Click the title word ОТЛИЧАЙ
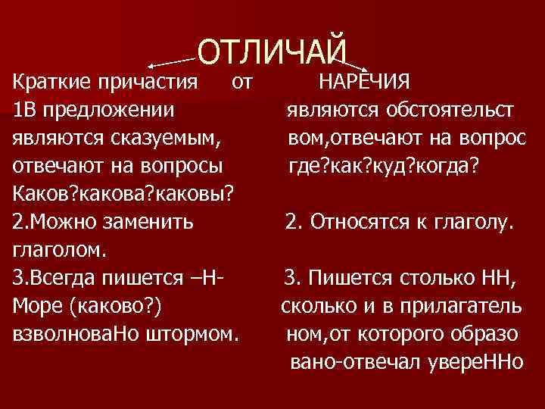tap(272, 50)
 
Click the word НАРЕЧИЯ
tap(365, 81)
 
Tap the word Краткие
tap(49, 81)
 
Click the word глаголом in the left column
tap(60, 249)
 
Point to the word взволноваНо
tap(64, 333)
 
